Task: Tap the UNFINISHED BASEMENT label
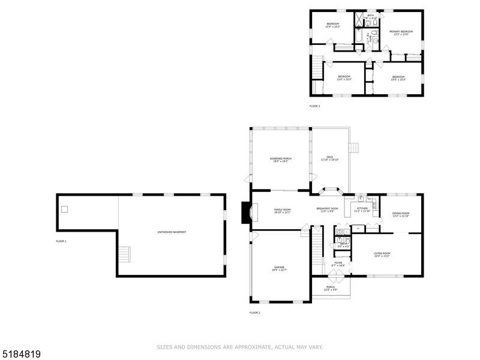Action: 171,231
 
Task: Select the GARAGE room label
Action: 280,268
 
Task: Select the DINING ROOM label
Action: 401,214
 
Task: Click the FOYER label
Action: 338,263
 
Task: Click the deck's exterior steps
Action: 353,148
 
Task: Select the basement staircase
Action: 124,254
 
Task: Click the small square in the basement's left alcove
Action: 64,209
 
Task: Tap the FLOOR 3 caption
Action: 314,106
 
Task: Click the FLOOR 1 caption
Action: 61,241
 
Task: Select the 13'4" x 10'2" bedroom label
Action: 332,25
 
